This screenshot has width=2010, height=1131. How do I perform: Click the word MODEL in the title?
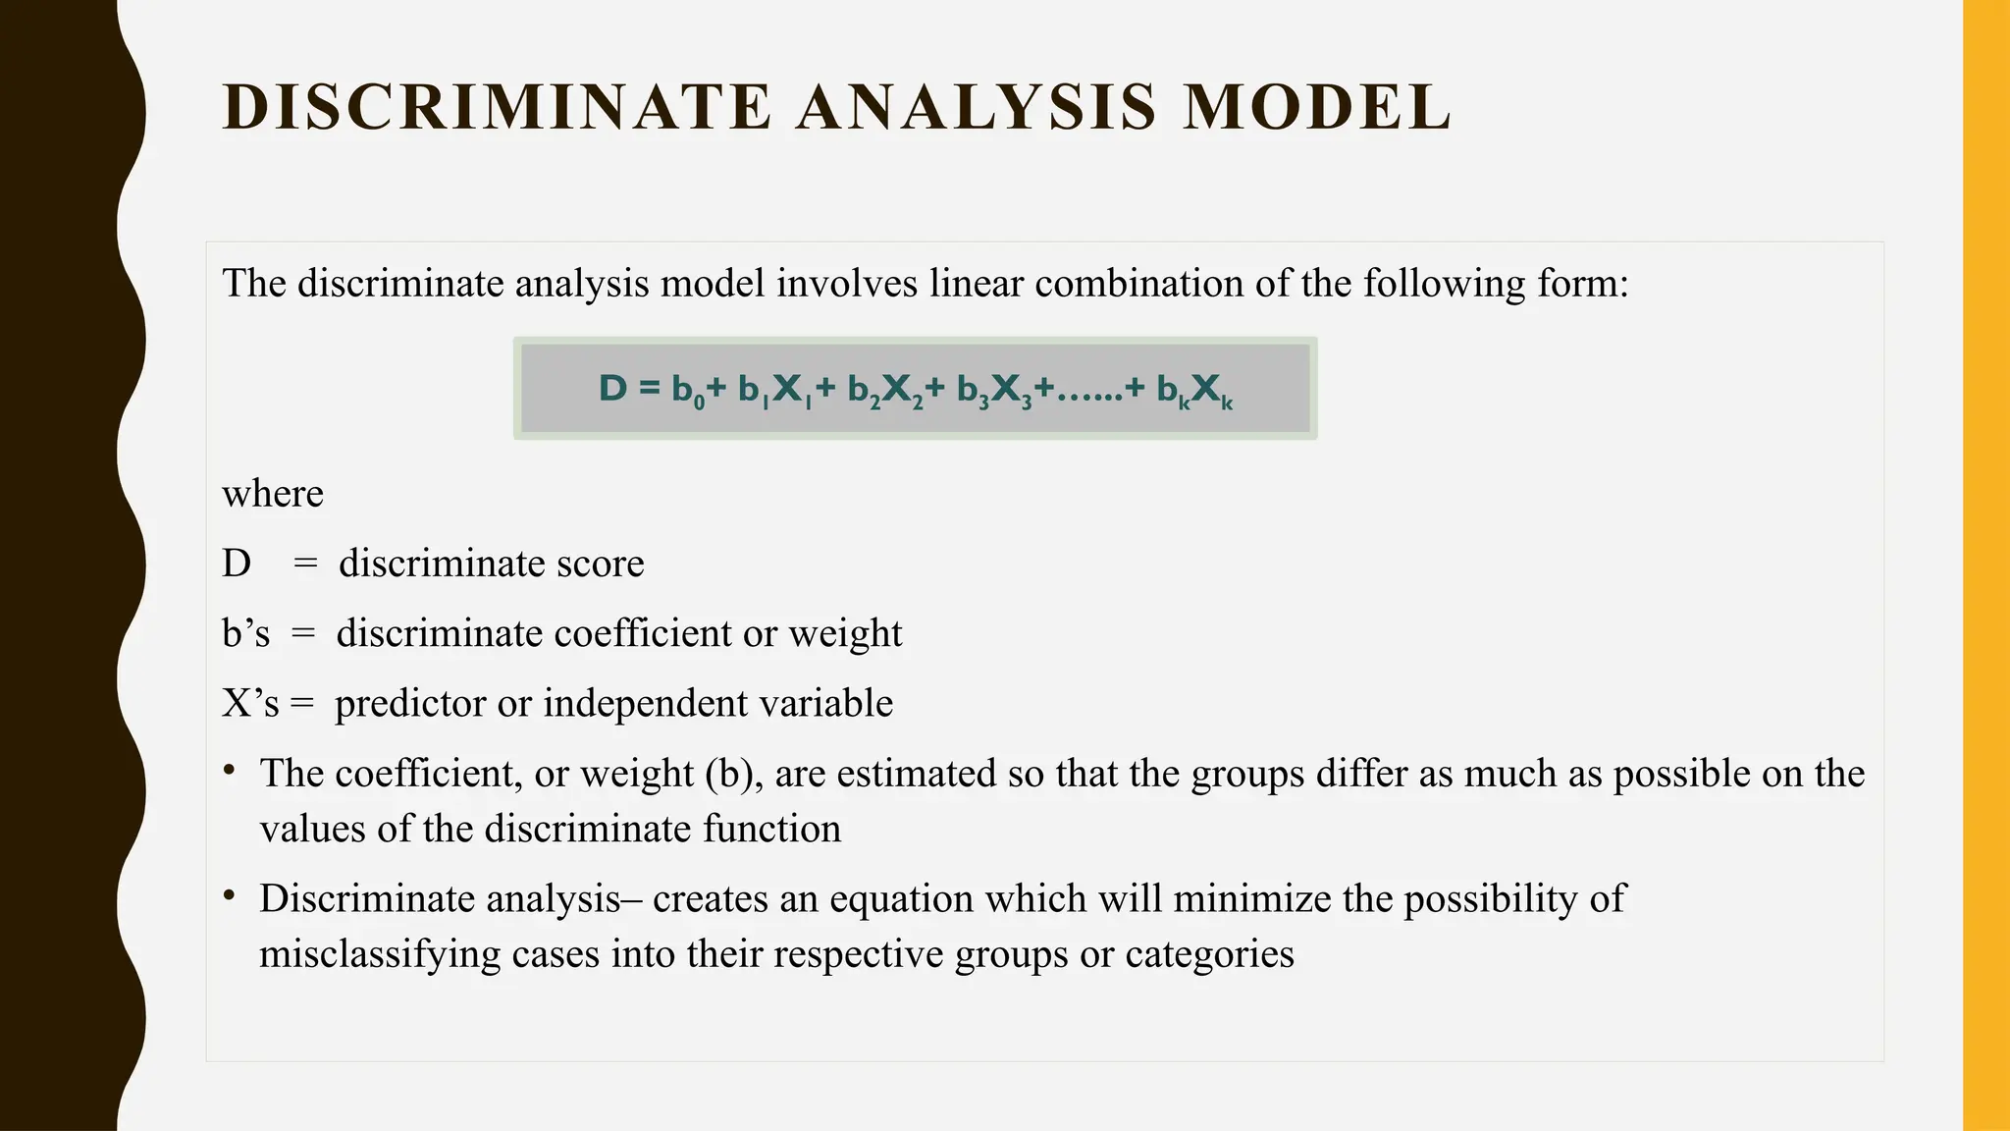point(1316,107)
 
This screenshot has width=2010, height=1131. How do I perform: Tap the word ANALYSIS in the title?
point(977,107)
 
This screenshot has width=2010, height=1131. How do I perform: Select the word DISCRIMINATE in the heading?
point(498,107)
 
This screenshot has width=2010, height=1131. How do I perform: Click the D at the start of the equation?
point(611,389)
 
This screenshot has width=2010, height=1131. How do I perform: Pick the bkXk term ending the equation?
point(1194,391)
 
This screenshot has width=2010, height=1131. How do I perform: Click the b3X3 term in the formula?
point(994,391)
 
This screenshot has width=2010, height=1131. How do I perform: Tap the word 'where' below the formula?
point(273,493)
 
